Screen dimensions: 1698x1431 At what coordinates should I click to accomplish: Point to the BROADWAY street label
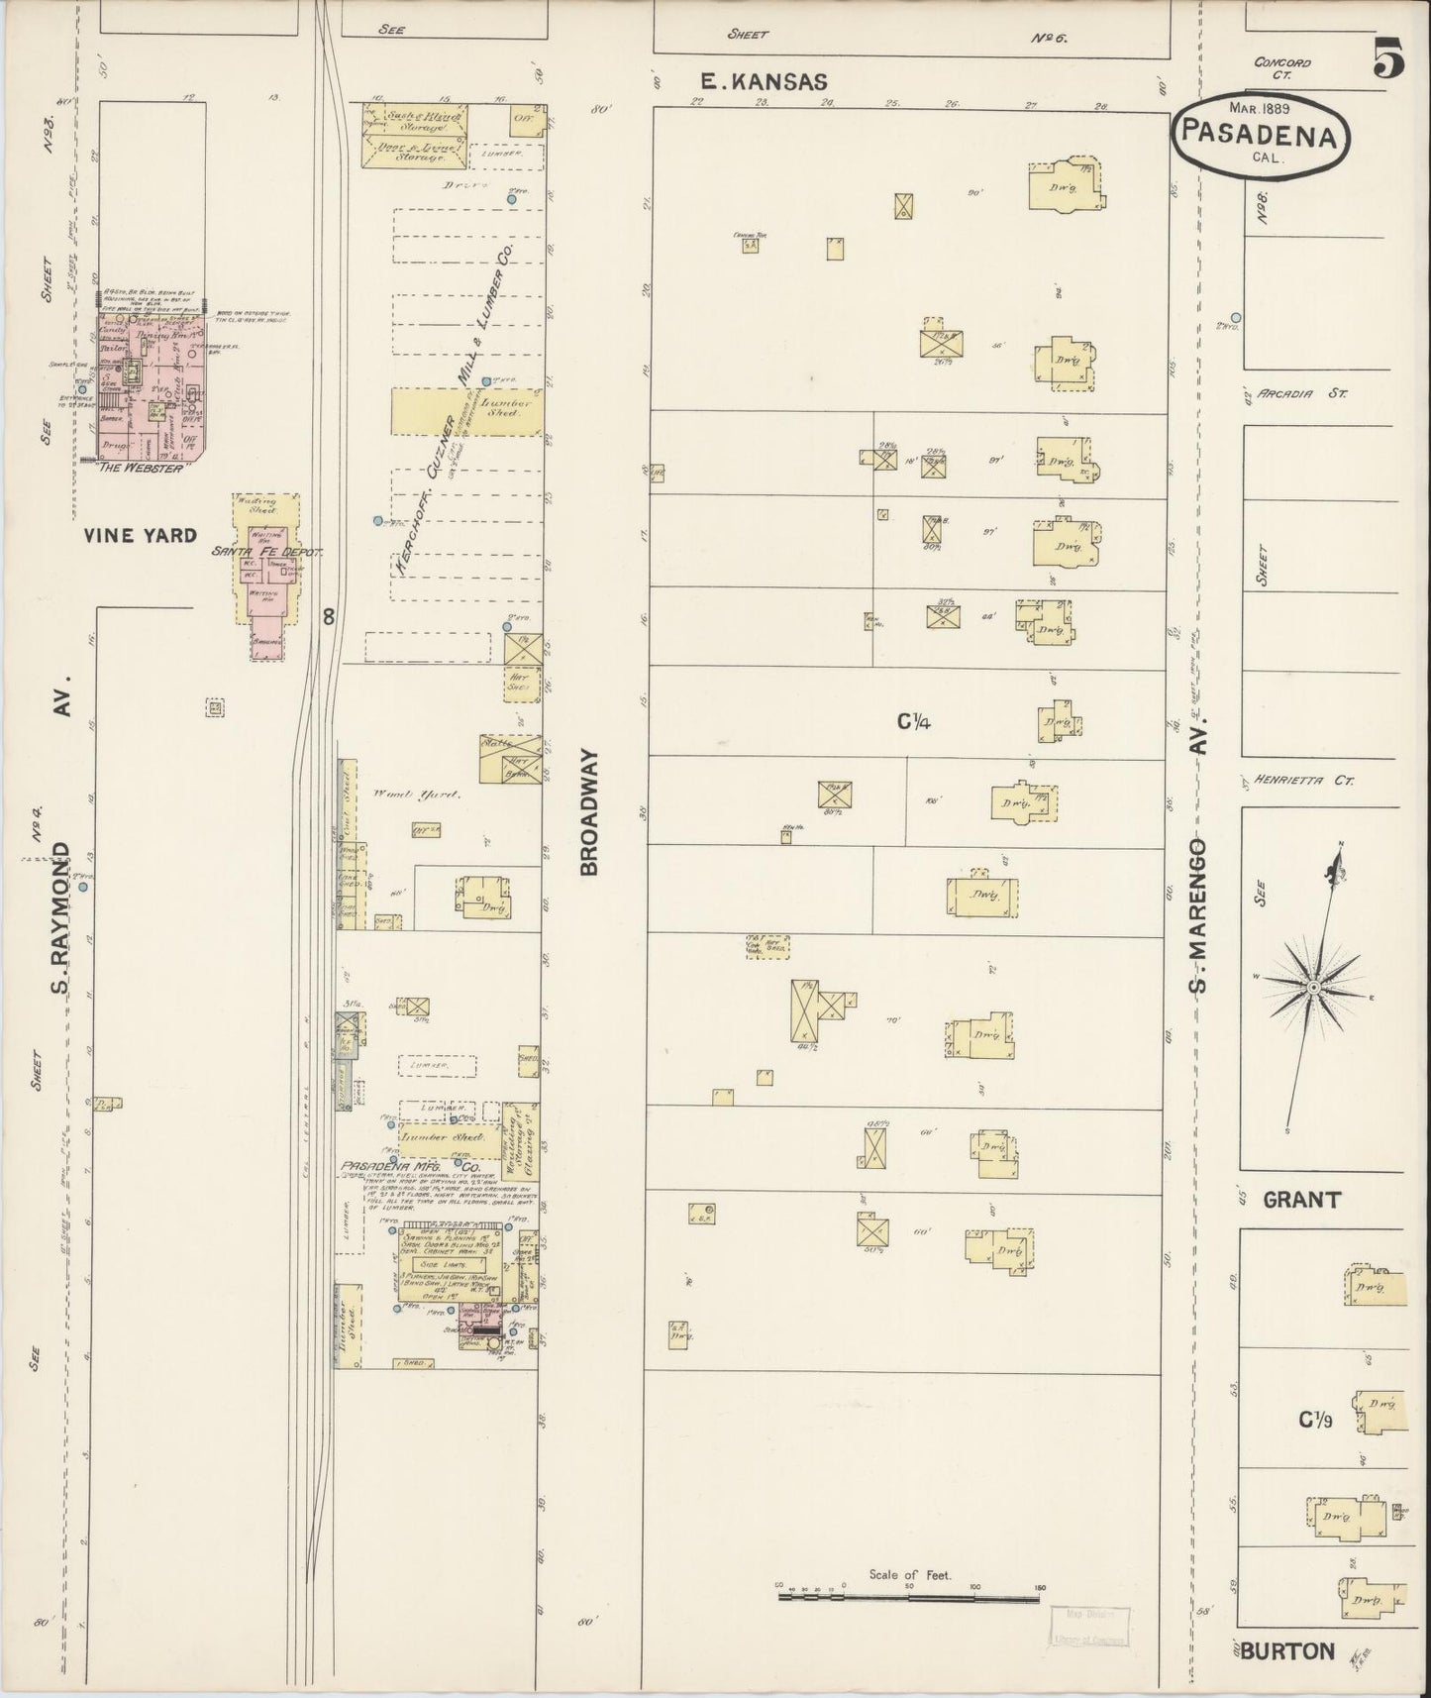(x=590, y=811)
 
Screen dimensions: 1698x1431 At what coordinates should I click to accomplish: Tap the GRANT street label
(x=1300, y=1200)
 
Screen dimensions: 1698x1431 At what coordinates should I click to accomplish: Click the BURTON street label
(x=1286, y=1651)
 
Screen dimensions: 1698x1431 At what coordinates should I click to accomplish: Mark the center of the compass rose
(x=1312, y=987)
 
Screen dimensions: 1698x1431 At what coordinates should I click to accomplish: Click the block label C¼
(x=913, y=722)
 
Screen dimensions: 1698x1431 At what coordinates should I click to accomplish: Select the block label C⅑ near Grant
(x=1315, y=1421)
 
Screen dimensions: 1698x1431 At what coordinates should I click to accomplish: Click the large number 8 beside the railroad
(x=329, y=616)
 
